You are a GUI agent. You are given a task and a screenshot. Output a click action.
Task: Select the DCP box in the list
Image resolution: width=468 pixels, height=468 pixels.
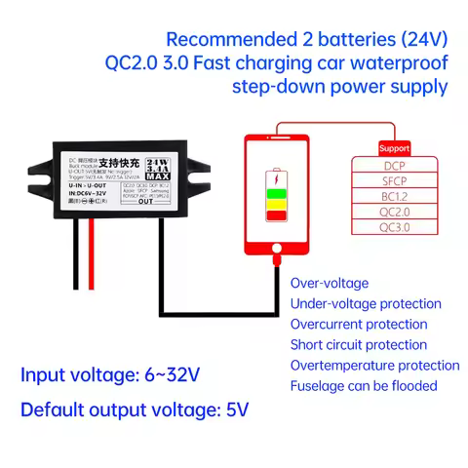pyautogui.click(x=394, y=166)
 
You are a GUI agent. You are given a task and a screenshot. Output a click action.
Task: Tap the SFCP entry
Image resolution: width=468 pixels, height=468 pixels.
pyautogui.click(x=394, y=180)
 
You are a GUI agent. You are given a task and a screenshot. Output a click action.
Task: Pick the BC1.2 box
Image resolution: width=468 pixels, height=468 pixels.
pyautogui.click(x=394, y=196)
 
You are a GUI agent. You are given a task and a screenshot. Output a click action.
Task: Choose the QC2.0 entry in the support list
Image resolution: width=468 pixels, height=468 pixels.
pyautogui.click(x=394, y=212)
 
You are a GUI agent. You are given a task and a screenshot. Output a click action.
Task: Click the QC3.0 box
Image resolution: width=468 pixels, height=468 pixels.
pyautogui.click(x=394, y=227)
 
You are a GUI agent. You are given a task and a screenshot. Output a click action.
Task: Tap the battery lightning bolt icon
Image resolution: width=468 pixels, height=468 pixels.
pyautogui.click(x=277, y=180)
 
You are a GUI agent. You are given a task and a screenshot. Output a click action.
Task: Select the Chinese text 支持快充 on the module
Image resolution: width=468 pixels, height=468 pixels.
pyautogui.click(x=117, y=164)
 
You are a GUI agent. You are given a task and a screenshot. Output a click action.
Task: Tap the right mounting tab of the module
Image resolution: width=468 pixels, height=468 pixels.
pyautogui.click(x=203, y=175)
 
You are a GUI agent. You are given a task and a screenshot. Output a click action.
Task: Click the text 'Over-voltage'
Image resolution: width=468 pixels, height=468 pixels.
pyautogui.click(x=330, y=283)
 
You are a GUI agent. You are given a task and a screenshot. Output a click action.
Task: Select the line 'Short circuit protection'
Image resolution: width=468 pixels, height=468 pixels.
pyautogui.click(x=359, y=344)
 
